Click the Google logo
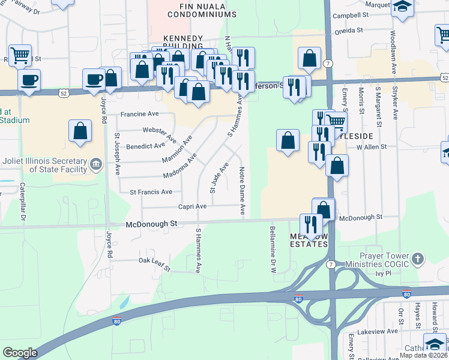(20, 353)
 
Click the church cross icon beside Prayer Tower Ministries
(417, 259)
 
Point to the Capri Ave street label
(192, 206)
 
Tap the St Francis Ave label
(151, 192)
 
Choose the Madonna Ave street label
(180, 167)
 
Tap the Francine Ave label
(139, 113)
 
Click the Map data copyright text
(423, 355)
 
